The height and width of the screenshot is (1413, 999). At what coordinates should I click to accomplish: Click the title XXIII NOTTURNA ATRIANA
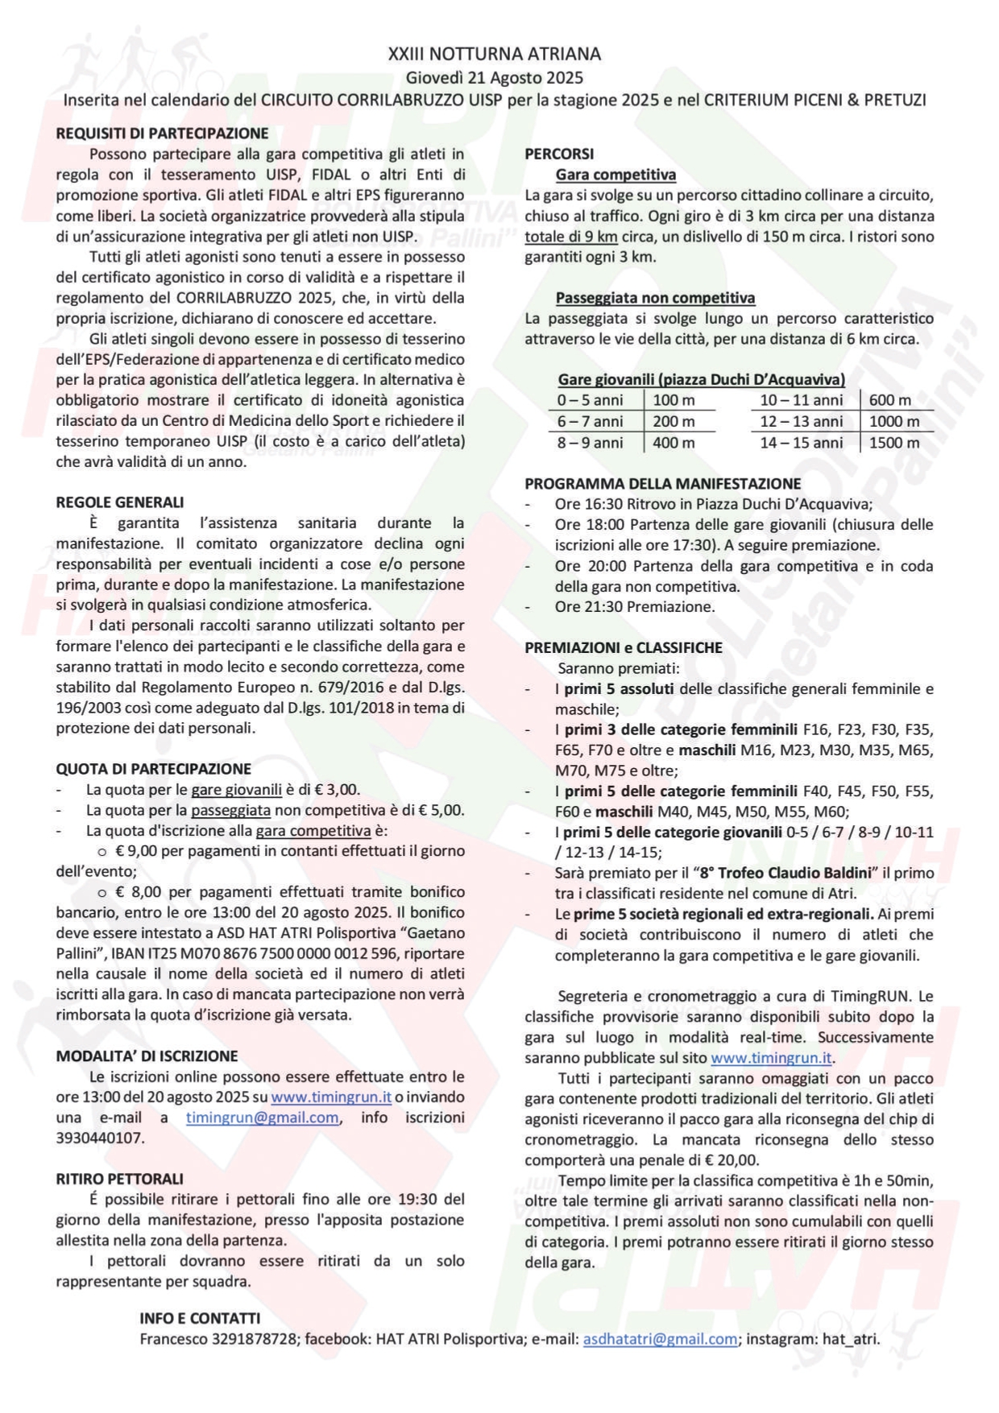pyautogui.click(x=494, y=54)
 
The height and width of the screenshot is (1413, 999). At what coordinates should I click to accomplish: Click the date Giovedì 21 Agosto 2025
pyautogui.click(x=494, y=78)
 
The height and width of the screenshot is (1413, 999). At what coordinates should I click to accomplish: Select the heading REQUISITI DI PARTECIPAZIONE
pyautogui.click(x=162, y=134)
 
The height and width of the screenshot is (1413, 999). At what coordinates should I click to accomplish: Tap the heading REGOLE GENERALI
pyautogui.click(x=120, y=502)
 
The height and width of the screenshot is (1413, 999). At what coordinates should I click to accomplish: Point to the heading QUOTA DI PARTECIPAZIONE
pyautogui.click(x=153, y=769)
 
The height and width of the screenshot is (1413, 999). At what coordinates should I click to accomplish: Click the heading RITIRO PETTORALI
pyautogui.click(x=120, y=1179)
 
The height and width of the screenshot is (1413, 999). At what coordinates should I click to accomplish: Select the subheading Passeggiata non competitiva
pyautogui.click(x=655, y=298)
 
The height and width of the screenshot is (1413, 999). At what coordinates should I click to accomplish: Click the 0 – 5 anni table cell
pyautogui.click(x=590, y=400)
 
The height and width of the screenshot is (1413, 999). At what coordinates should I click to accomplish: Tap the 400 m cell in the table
pyautogui.click(x=674, y=443)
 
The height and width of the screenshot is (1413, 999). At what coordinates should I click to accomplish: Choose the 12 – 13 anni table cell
pyautogui.click(x=802, y=421)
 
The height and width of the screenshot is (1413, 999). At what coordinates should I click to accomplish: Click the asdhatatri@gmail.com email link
pyautogui.click(x=660, y=1339)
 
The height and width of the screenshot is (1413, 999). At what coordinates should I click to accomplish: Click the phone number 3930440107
pyautogui.click(x=99, y=1138)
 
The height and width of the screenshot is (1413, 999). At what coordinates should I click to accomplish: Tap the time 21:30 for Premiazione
pyautogui.click(x=603, y=607)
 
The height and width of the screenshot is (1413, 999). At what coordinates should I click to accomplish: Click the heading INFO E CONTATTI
pyautogui.click(x=200, y=1318)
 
